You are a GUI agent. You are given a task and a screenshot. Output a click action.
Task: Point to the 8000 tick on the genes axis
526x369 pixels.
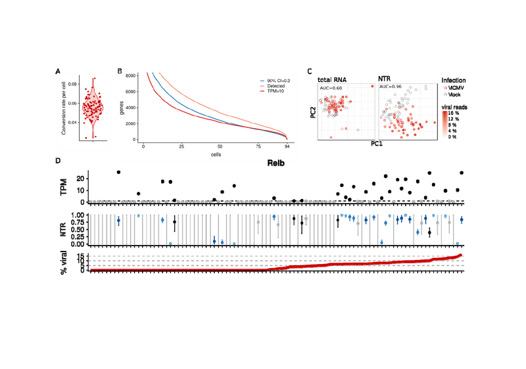(131, 76)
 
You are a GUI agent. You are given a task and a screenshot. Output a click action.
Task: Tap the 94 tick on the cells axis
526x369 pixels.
(287, 146)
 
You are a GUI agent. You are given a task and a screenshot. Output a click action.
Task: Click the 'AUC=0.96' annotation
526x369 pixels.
(391, 86)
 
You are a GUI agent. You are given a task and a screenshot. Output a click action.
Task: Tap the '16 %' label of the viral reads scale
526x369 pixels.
(453, 113)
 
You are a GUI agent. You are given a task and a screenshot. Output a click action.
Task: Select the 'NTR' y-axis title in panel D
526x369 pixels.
(72, 228)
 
